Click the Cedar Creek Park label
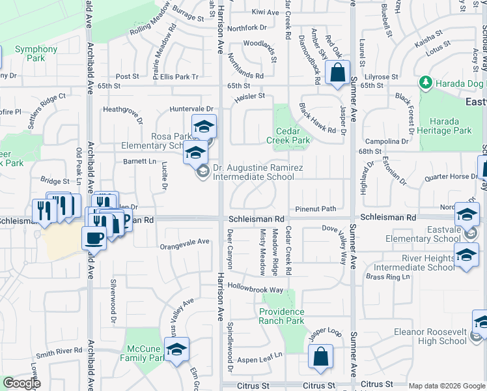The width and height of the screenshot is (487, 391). point(288,136)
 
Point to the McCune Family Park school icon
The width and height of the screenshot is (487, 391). point(176,349)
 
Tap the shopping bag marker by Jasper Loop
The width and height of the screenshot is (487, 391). point(320,356)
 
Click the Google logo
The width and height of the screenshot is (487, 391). point(21,383)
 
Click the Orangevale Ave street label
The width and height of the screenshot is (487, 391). point(186,241)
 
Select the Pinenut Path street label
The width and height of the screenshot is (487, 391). point(315,209)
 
